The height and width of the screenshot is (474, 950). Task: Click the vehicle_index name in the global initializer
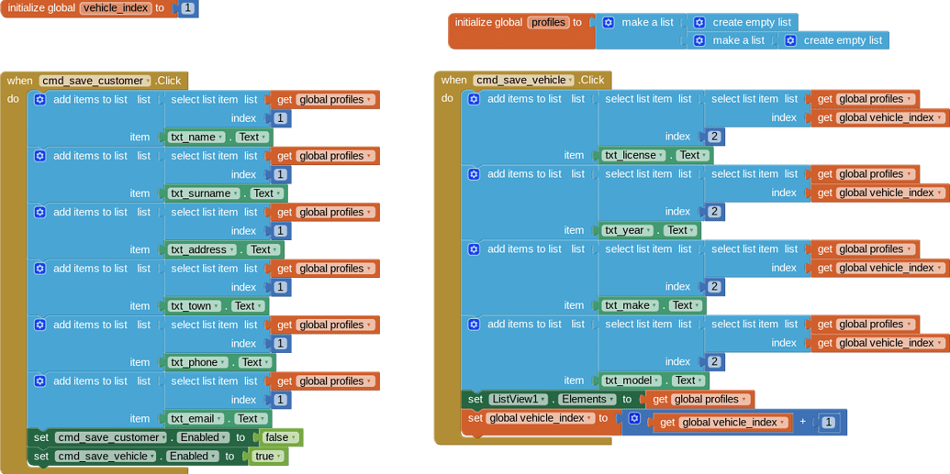pos(116,8)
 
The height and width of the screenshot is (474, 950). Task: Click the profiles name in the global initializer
pos(548,22)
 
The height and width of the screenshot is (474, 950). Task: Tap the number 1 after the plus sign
pos(829,423)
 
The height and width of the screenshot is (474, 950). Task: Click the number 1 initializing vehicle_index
pos(187,8)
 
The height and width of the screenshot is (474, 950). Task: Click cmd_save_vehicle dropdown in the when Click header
pos(524,81)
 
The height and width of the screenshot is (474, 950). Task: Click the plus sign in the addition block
pos(803,422)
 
